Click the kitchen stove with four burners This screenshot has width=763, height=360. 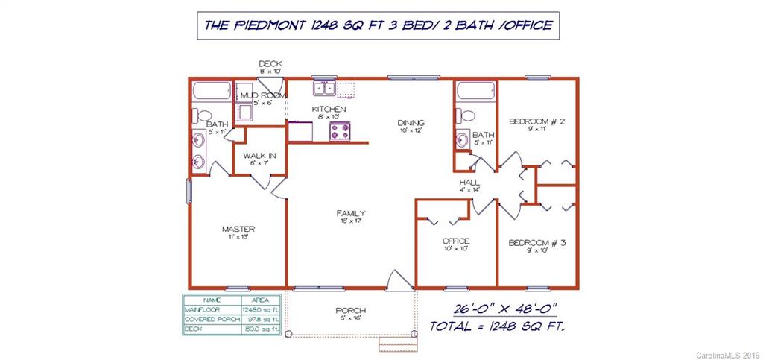[341, 131]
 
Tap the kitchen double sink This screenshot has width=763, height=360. [325, 89]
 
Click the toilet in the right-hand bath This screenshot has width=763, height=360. [466, 116]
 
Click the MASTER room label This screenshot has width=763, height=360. [238, 229]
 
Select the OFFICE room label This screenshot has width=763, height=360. [455, 241]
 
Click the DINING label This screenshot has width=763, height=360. [411, 123]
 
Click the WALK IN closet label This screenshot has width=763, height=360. [259, 156]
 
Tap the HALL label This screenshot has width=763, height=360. [469, 182]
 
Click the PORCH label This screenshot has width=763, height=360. [350, 311]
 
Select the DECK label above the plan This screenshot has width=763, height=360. [270, 64]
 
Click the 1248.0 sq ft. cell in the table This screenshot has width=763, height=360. [260, 309]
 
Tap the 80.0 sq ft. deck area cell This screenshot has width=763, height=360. [260, 329]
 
